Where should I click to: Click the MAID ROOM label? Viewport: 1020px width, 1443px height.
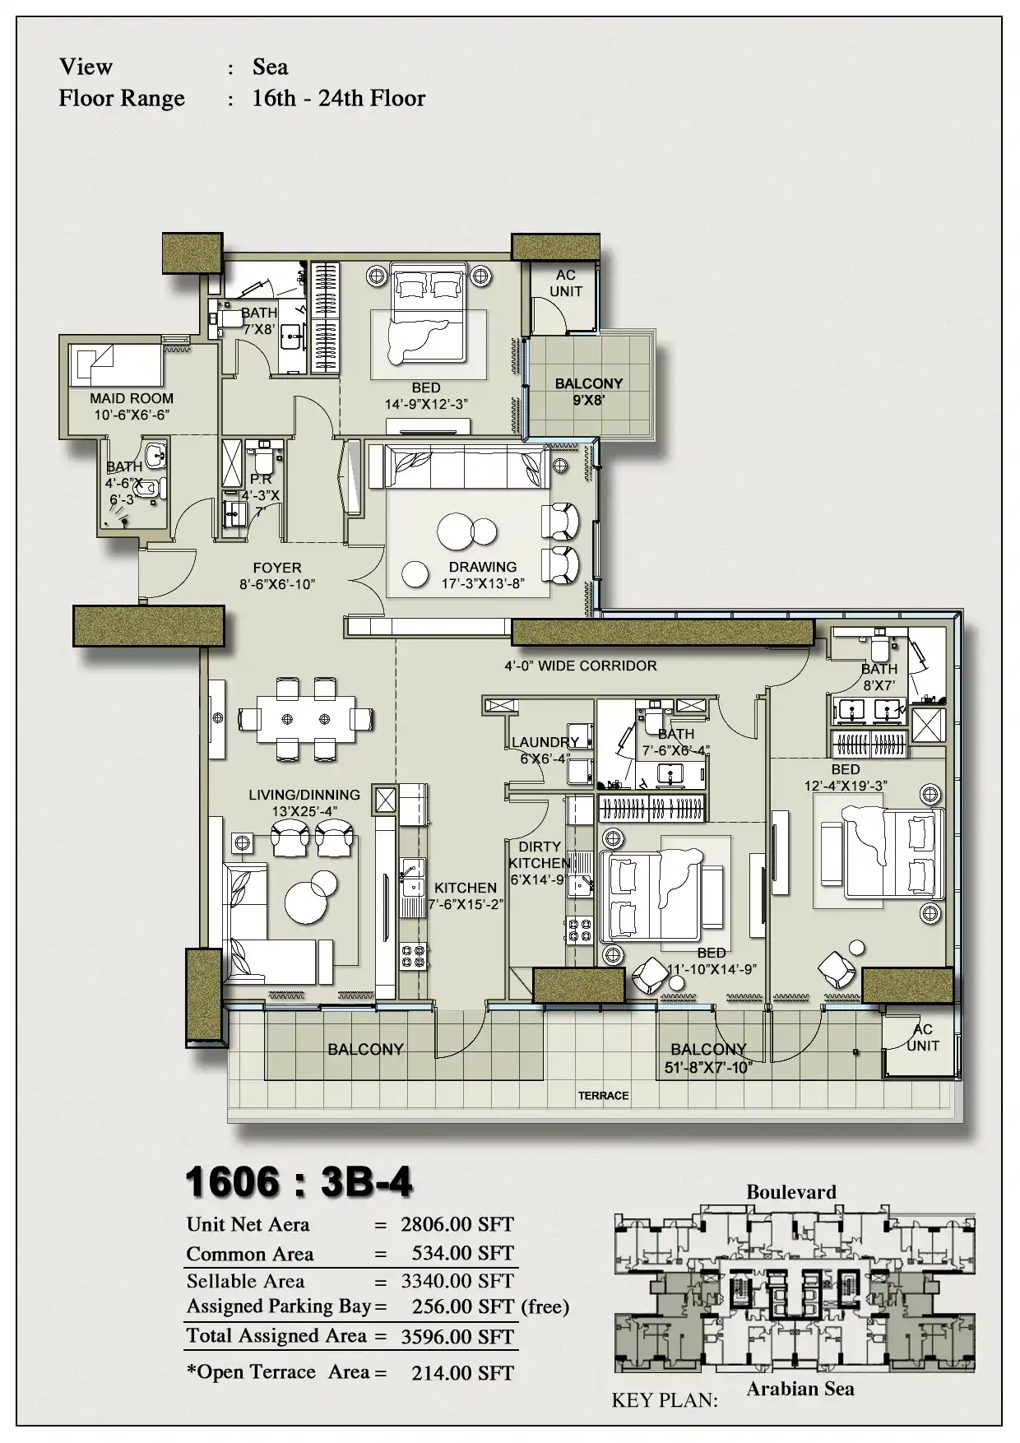coord(132,398)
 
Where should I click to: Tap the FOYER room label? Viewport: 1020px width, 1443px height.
coord(277,568)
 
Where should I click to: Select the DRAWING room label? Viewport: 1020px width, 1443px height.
coord(483,567)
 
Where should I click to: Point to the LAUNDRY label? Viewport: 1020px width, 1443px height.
coord(545,742)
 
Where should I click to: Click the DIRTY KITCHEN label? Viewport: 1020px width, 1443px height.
coord(540,855)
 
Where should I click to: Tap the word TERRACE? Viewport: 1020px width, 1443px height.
coord(603,1096)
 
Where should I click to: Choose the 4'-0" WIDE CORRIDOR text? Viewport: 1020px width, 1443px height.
coord(581,666)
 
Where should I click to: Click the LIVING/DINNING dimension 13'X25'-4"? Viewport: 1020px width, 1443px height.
coord(304,811)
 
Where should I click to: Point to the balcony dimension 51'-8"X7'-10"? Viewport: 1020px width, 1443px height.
coord(708,1068)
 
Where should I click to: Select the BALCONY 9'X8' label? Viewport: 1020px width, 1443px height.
coord(589,392)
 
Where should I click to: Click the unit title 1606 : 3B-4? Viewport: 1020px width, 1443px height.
coord(299,1183)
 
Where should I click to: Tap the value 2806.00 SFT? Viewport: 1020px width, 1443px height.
coord(457,1224)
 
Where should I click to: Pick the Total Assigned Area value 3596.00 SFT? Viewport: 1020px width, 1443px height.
coord(457,1337)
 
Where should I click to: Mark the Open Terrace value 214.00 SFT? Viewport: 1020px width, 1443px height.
coord(463,1373)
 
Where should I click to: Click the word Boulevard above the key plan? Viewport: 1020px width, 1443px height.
coord(791,1192)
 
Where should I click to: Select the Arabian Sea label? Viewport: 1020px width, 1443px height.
coord(800,1389)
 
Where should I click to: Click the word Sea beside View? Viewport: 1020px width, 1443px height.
coord(271,67)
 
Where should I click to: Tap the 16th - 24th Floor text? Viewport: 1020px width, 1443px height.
coord(339,98)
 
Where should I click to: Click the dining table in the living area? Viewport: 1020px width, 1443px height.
coord(306,719)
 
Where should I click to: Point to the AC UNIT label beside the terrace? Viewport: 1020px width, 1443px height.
coord(923,1037)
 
